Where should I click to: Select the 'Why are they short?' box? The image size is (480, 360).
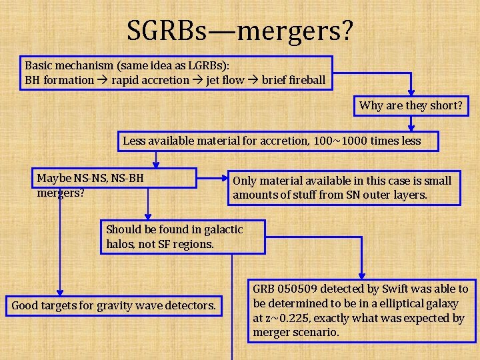[x=411, y=105]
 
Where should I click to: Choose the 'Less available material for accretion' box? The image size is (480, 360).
[x=272, y=141]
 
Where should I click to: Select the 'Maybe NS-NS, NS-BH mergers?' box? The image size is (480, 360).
[x=115, y=179]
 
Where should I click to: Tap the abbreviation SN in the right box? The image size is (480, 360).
[x=354, y=195]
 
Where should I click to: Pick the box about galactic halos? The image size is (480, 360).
[x=182, y=237]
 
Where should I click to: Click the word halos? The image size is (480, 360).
[x=121, y=244]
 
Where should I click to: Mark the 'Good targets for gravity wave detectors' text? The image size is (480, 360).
[x=114, y=306]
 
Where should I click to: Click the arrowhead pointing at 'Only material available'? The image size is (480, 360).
[x=225, y=179]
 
